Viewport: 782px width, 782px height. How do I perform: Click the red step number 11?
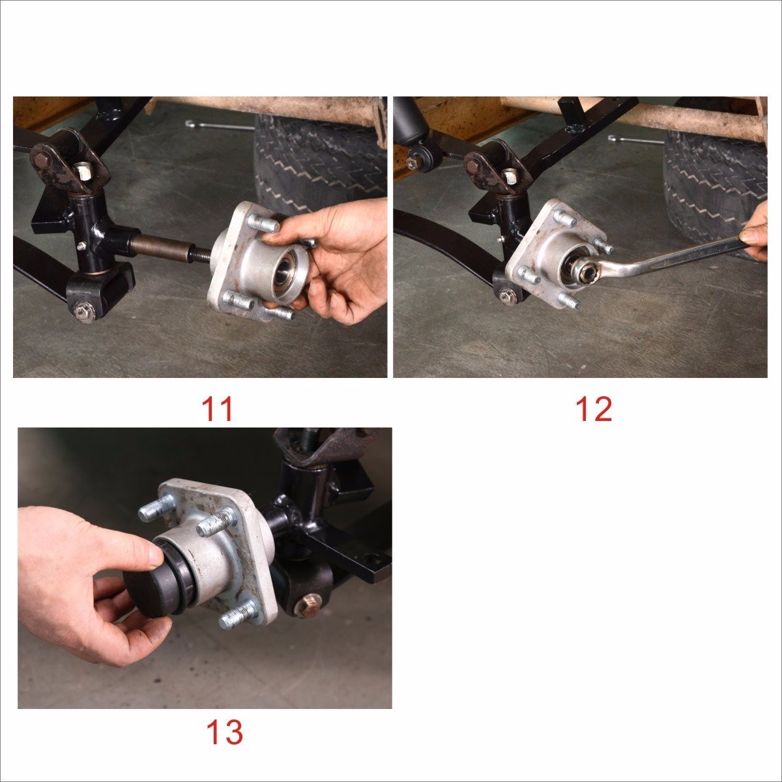[x=218, y=409]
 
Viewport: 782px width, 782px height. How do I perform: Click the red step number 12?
[x=594, y=409]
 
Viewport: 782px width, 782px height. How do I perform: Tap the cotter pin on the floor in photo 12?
[x=635, y=140]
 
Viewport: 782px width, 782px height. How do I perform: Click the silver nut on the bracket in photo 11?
[x=84, y=171]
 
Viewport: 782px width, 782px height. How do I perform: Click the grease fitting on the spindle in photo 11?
[x=81, y=246]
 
